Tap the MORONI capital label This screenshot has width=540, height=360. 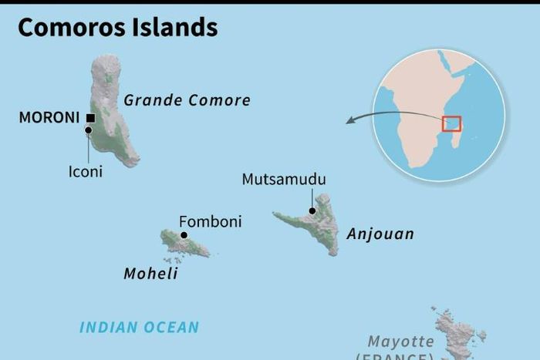pos(49,118)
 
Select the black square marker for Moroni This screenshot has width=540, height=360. pos(90,118)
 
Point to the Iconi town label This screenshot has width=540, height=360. pos(85,172)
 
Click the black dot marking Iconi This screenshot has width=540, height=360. pos(88,130)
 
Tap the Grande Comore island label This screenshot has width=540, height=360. pos(187,100)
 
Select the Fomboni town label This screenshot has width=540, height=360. pos(210,222)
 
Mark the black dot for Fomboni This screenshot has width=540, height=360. pos(184,235)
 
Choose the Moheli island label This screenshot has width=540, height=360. pos(151,274)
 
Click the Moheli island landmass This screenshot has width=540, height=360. pos(182,244)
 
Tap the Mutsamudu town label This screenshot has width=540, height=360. pos(284,180)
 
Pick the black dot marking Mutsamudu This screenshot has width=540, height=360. pos(312,210)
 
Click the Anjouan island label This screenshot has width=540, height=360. pos(380,234)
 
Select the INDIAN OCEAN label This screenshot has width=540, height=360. pos(140,328)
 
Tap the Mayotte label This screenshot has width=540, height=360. pos(400,341)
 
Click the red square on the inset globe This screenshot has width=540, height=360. pos(451,123)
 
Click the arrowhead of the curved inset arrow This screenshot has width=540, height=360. pos(349,120)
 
